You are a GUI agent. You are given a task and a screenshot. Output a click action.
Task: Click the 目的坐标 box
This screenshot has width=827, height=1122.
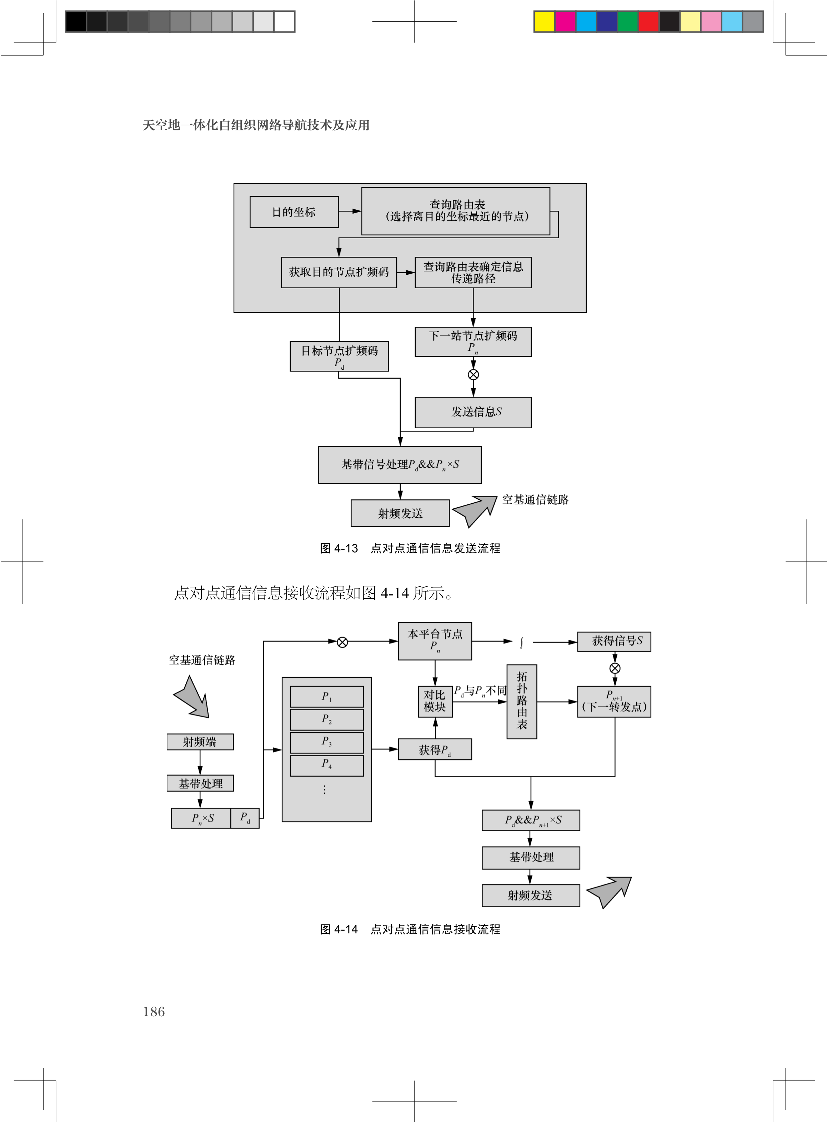pyautogui.click(x=294, y=212)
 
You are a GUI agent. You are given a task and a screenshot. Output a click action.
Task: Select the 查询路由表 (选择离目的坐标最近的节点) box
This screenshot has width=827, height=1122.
pyautogui.click(x=456, y=211)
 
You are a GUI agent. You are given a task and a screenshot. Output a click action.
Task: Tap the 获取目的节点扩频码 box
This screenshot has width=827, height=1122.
pyautogui.click(x=339, y=272)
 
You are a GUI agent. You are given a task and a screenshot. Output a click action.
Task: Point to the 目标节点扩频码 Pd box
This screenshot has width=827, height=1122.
pyautogui.click(x=339, y=356)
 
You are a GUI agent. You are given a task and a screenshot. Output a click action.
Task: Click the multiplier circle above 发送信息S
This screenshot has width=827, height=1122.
pyautogui.click(x=473, y=374)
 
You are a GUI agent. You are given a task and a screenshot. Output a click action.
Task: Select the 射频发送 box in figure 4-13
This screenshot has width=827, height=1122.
pyautogui.click(x=400, y=513)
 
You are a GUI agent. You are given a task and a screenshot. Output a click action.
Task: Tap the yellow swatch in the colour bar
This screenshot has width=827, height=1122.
pyautogui.click(x=544, y=21)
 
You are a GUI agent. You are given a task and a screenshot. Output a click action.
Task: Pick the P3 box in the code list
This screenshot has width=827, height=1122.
pyautogui.click(x=326, y=742)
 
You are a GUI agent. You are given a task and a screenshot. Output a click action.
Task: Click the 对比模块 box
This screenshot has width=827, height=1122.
pyautogui.click(x=435, y=701)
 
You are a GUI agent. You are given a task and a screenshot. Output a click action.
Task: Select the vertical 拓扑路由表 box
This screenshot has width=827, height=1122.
pyautogui.click(x=522, y=701)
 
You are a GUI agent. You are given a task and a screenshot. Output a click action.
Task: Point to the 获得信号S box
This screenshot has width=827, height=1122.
pyautogui.click(x=614, y=641)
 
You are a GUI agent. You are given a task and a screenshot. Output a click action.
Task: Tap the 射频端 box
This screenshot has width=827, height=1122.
pyautogui.click(x=200, y=742)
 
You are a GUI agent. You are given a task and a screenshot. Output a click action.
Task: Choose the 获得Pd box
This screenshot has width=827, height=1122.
pyautogui.click(x=435, y=749)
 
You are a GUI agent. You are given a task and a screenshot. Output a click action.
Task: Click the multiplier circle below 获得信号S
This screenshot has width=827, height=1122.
pyautogui.click(x=615, y=668)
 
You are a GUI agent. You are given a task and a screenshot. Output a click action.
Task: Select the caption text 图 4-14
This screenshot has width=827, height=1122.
pyautogui.click(x=339, y=929)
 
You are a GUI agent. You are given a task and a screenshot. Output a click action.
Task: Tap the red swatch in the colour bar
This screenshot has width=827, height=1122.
pyautogui.click(x=648, y=21)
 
